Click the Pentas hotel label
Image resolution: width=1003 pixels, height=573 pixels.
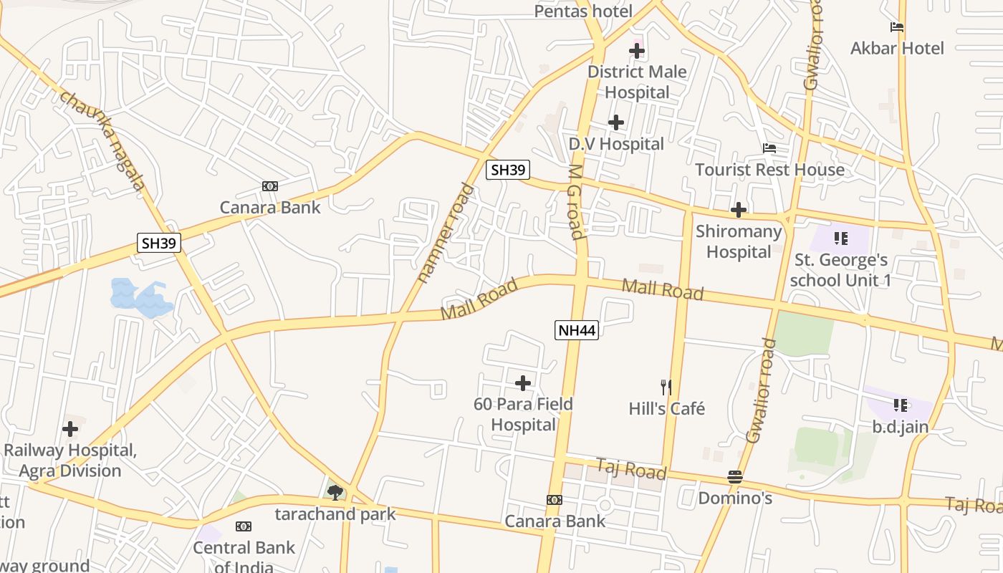click(583, 11)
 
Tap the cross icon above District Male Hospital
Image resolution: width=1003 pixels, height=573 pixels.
click(636, 51)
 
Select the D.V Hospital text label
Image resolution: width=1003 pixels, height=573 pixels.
click(616, 144)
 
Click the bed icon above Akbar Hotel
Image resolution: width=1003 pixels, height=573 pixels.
click(896, 27)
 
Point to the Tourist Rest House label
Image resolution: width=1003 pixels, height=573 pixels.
click(769, 170)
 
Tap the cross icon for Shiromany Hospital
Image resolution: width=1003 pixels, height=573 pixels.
click(738, 210)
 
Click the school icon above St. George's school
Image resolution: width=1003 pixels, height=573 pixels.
click(840, 238)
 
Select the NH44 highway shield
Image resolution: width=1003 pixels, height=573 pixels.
click(576, 330)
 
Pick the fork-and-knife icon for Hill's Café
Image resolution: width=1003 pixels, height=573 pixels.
click(666, 387)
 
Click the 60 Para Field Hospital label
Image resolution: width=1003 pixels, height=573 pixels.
click(524, 414)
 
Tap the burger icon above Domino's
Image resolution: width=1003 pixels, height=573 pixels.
click(734, 476)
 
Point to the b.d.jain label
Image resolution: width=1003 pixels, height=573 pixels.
click(900, 428)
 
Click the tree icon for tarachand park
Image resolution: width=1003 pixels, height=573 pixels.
click(335, 492)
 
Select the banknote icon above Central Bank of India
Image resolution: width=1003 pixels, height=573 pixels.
click(244, 526)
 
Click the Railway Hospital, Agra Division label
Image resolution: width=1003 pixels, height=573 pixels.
click(70, 461)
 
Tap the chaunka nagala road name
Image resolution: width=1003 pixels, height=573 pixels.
click(103, 140)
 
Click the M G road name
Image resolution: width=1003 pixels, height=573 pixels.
click(575, 202)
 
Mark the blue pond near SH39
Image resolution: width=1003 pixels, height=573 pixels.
click(140, 297)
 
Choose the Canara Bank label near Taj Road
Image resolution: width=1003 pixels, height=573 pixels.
click(555, 521)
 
